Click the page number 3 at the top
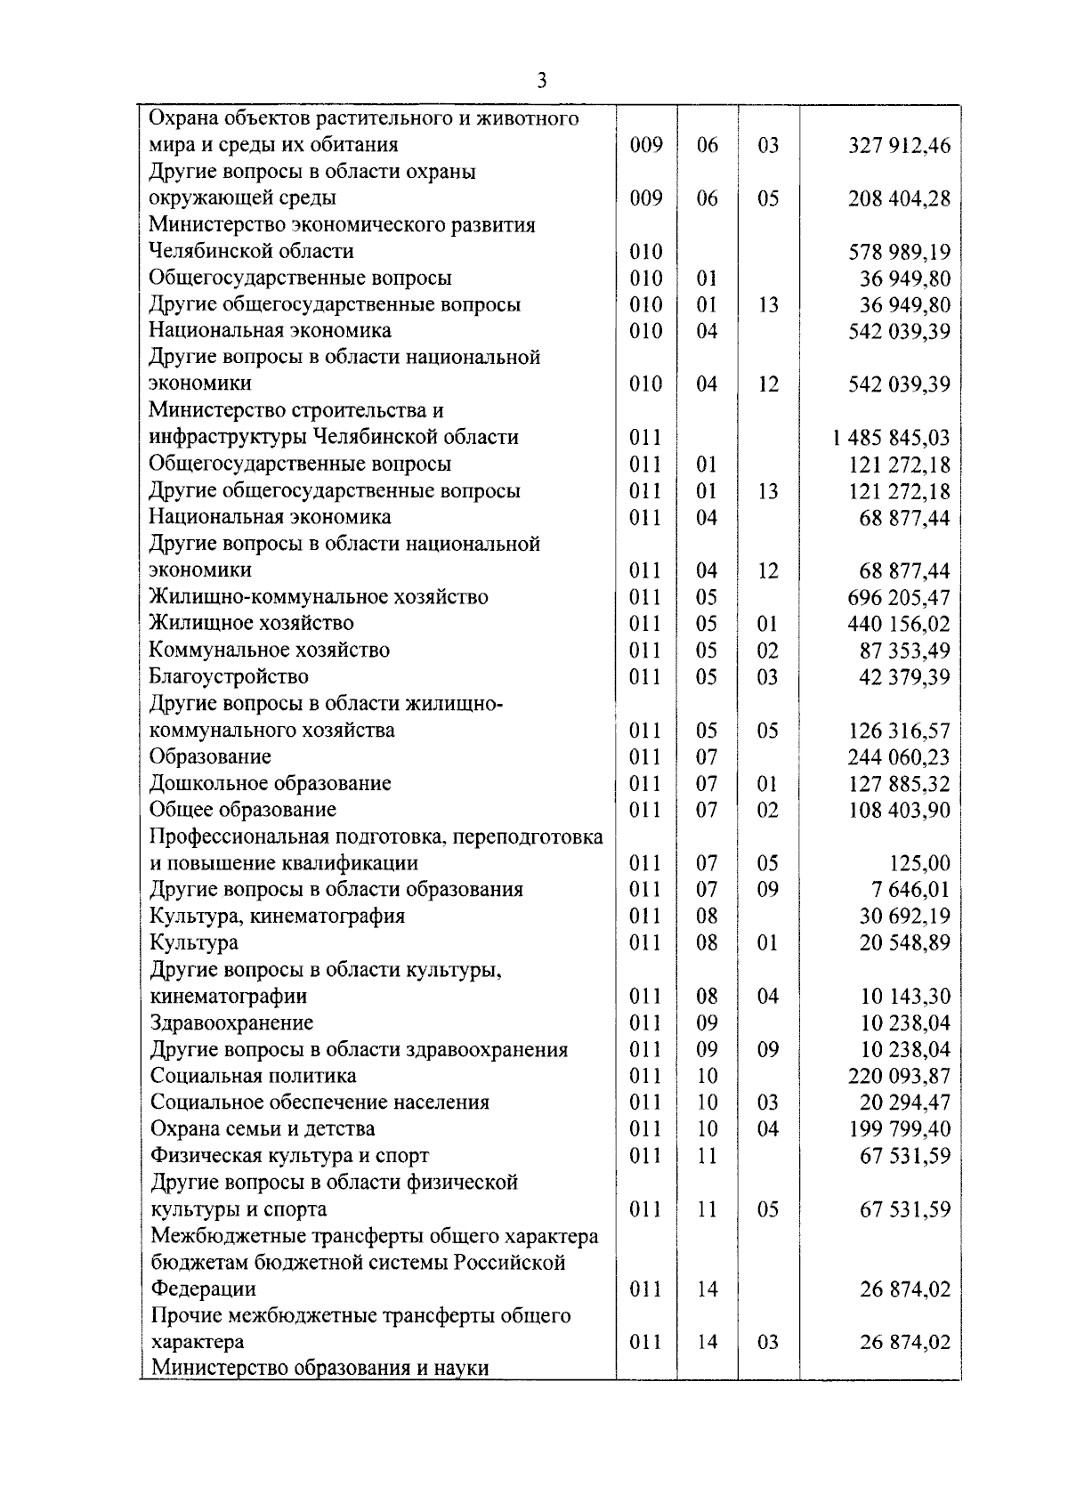pyautogui.click(x=541, y=81)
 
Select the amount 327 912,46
pyautogui.click(x=899, y=145)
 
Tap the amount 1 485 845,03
pyautogui.click(x=892, y=438)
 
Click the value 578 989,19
pyautogui.click(x=899, y=252)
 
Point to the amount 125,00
pyautogui.click(x=919, y=863)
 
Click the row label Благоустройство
pyautogui.click(x=229, y=676)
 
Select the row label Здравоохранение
pyautogui.click(x=231, y=1022)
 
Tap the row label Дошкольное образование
pyautogui.click(x=270, y=783)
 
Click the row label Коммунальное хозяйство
pyautogui.click(x=269, y=650)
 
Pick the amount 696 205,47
pyautogui.click(x=899, y=597)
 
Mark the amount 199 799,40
pyautogui.click(x=899, y=1129)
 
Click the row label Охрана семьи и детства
pyautogui.click(x=263, y=1128)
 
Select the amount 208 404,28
pyautogui.click(x=899, y=198)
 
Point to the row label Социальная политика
pyautogui.click(x=253, y=1076)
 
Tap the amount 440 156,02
pyautogui.click(x=899, y=624)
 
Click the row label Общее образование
pyautogui.click(x=243, y=810)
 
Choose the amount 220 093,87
pyautogui.click(x=899, y=1076)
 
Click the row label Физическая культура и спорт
pyautogui.click(x=289, y=1155)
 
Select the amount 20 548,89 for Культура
pyautogui.click(x=904, y=942)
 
